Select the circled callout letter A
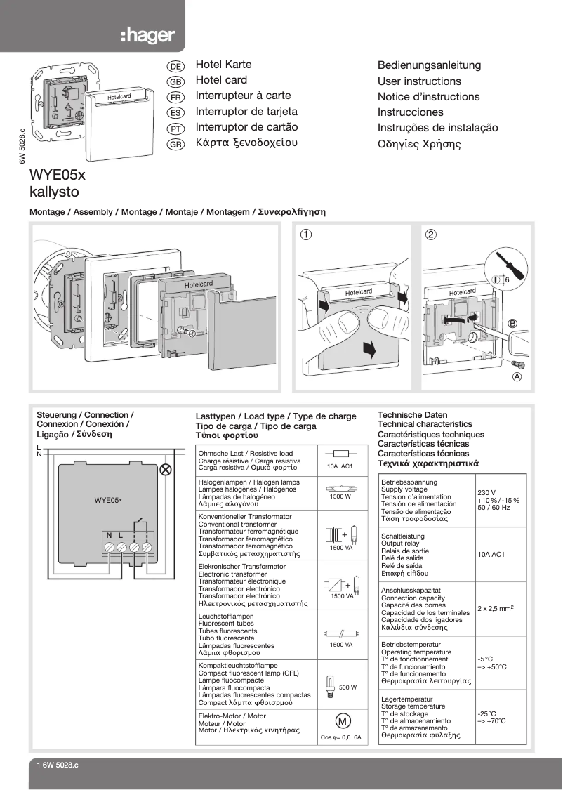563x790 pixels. tap(517, 376)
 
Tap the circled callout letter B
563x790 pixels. tap(512, 323)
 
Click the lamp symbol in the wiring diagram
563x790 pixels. tap(166, 470)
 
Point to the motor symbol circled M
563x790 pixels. tap(342, 721)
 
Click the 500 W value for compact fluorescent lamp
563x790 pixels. tap(347, 687)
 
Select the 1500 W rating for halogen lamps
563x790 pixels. tap(340, 496)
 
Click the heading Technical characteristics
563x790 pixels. tap(425, 424)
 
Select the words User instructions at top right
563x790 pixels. tap(419, 81)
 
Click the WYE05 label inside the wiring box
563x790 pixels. tap(107, 501)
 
